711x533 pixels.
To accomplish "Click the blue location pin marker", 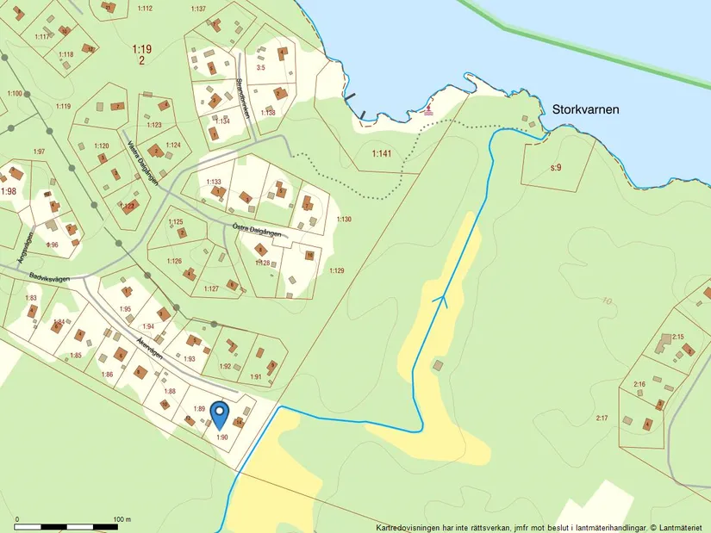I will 220,414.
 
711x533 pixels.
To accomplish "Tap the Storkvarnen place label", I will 582,110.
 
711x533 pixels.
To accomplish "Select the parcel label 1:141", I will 381,153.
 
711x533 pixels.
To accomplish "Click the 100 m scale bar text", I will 122,519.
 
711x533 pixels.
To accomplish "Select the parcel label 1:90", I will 221,437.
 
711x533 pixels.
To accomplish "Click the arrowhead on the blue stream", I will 444,301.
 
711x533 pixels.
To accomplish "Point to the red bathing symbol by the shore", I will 430,111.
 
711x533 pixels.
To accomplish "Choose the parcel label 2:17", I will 602,418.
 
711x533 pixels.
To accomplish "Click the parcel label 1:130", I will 344,220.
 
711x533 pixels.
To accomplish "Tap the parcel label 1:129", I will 336,271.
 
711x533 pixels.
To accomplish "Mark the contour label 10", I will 608,301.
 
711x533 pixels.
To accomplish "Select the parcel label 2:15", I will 677,337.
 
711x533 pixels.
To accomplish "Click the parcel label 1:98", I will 9,190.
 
